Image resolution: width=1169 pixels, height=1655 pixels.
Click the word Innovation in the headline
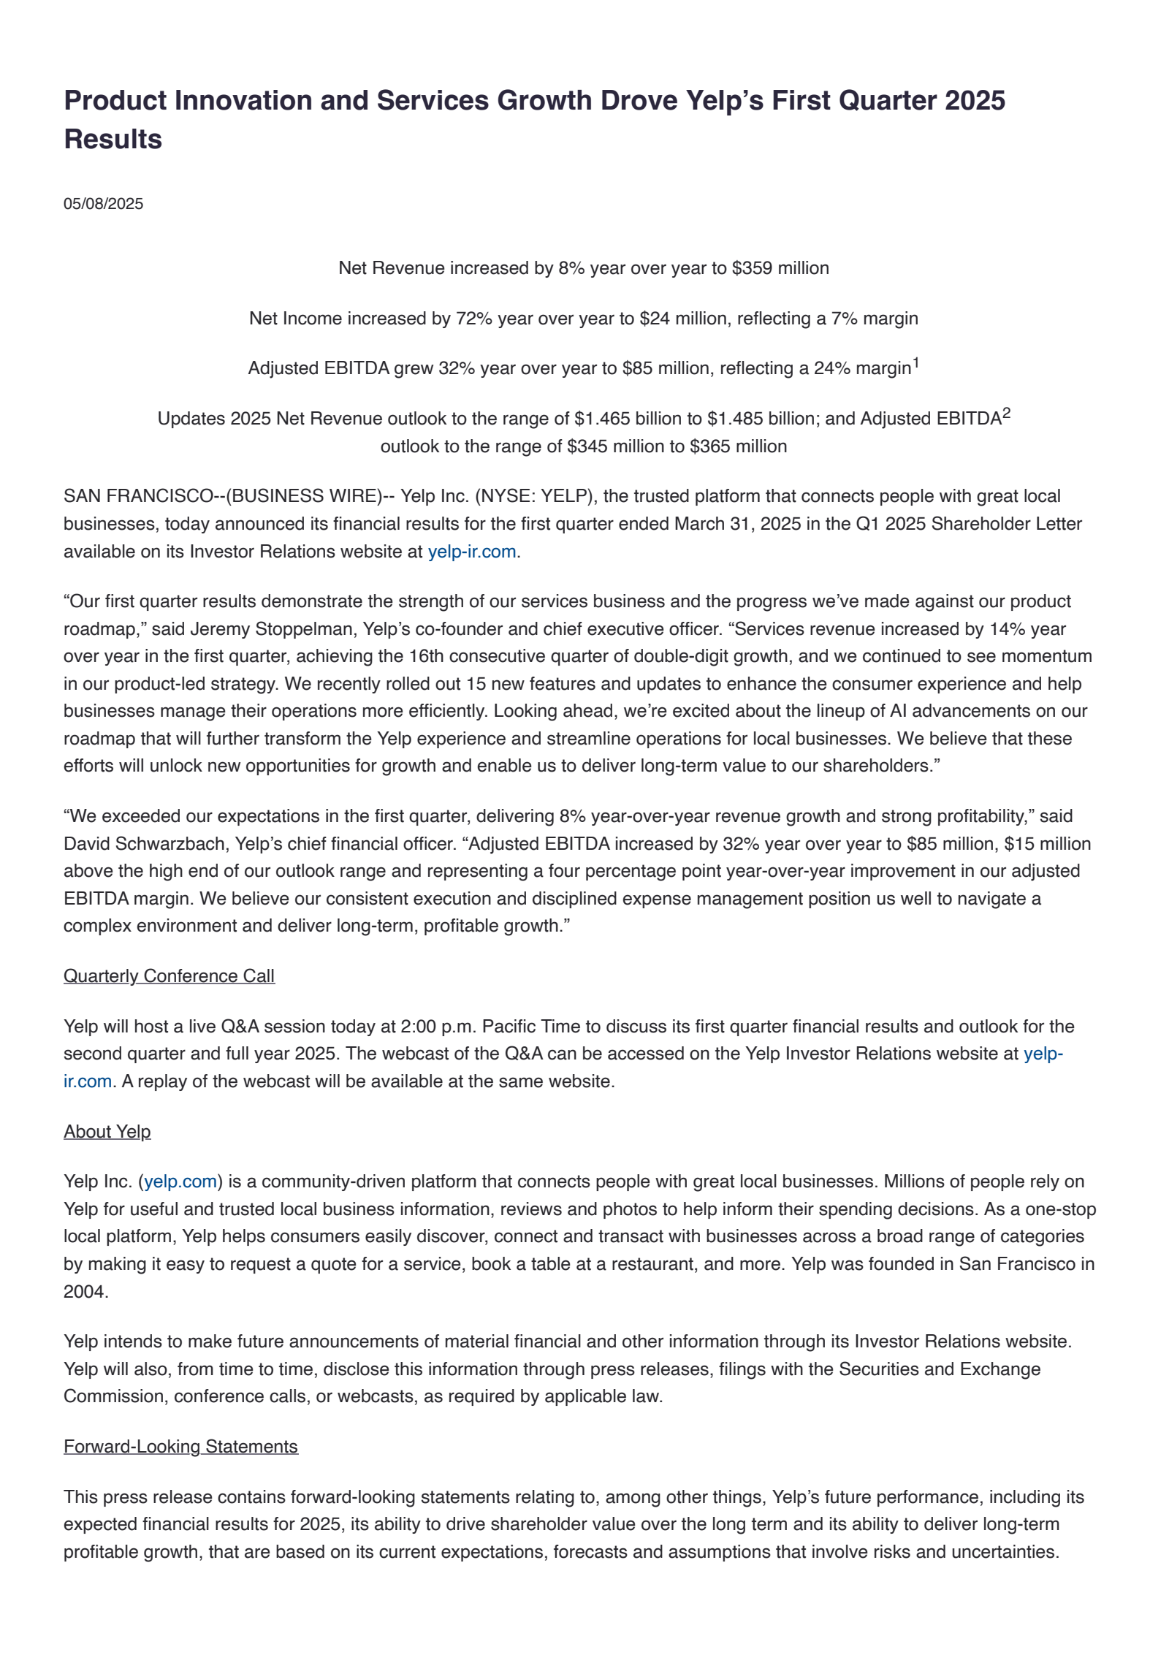click(x=244, y=101)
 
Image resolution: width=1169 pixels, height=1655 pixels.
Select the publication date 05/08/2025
click(x=103, y=204)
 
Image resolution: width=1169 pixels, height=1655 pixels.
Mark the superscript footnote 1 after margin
click(x=915, y=363)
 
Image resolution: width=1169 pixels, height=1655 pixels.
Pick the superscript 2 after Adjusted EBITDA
click(x=1006, y=414)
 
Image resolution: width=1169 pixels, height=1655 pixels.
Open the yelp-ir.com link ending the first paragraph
click(x=472, y=552)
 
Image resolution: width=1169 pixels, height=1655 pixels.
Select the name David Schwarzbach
click(x=145, y=844)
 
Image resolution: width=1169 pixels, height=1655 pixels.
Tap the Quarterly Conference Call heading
click(x=169, y=976)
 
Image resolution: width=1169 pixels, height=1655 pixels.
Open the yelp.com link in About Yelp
click(x=180, y=1182)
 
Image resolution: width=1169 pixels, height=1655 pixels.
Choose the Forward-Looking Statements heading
click(x=180, y=1447)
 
